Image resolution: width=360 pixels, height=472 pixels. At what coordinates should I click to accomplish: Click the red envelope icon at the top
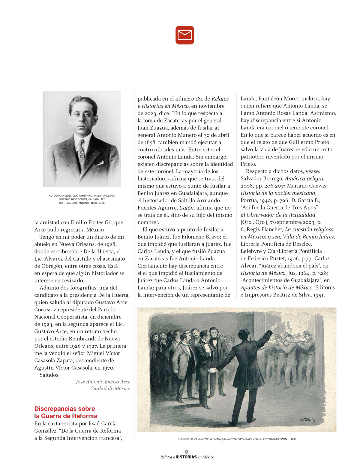click(185, 35)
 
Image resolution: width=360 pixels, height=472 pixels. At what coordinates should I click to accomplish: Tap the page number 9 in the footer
click(186, 452)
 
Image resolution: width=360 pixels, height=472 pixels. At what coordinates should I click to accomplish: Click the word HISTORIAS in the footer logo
click(186, 457)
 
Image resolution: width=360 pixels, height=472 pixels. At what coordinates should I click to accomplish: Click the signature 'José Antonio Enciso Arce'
click(103, 382)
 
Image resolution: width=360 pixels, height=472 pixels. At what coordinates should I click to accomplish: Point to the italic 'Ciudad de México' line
click(110, 389)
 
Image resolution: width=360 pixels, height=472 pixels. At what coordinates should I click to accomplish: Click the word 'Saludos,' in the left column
click(49, 375)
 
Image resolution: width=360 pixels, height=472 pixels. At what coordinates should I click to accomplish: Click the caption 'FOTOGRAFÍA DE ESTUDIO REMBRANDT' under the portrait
click(82, 196)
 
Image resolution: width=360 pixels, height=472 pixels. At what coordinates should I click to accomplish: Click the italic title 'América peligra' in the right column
click(304, 179)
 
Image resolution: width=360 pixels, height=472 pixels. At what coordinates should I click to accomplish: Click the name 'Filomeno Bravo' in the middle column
click(200, 237)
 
